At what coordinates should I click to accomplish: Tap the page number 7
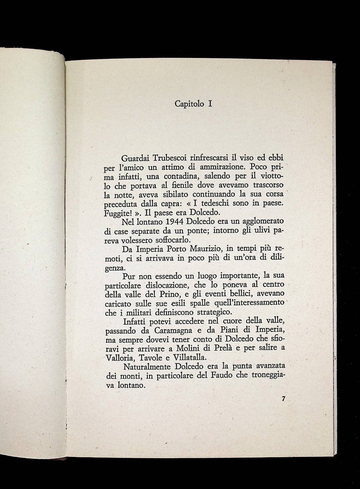[283, 399]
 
